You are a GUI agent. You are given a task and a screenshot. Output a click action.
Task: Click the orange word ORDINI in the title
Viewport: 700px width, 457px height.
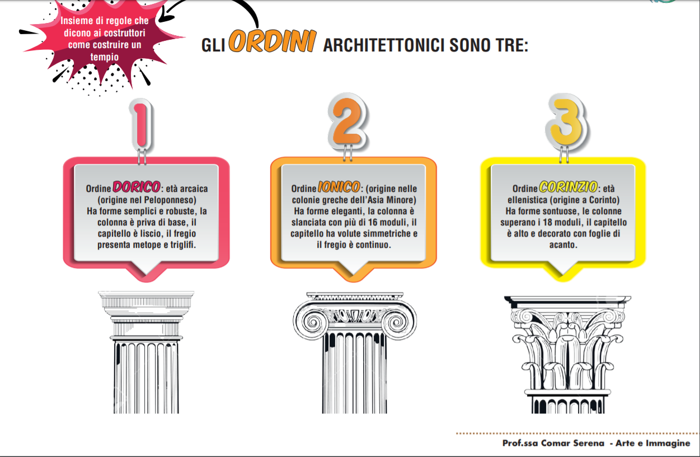pyautogui.click(x=273, y=41)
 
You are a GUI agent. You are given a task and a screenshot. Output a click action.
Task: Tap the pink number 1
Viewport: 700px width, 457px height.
pyautogui.click(x=142, y=125)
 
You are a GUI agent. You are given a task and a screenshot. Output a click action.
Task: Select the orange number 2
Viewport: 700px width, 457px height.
pyautogui.click(x=347, y=121)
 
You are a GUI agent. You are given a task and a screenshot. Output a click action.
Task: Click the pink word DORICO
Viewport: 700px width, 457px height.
pyautogui.click(x=137, y=187)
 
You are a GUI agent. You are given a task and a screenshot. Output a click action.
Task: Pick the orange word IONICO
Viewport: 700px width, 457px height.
pyautogui.click(x=339, y=187)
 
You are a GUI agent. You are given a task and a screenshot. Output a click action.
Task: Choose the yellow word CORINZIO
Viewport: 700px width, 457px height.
pyautogui.click(x=568, y=187)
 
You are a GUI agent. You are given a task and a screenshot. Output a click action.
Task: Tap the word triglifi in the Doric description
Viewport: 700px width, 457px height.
pyautogui.click(x=183, y=244)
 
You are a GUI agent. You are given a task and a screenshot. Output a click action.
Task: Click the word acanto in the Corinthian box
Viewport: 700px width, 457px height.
pyautogui.click(x=563, y=244)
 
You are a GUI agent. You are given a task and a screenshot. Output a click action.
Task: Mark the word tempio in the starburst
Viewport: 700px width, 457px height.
pyautogui.click(x=105, y=57)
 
